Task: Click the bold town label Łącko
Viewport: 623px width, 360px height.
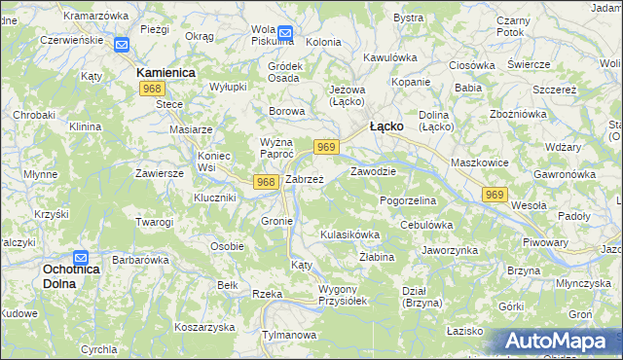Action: pos(387,126)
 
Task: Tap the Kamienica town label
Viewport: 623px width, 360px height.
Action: pos(165,73)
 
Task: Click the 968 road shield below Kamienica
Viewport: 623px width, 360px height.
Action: pos(151,90)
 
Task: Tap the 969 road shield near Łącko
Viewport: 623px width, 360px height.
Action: pos(326,147)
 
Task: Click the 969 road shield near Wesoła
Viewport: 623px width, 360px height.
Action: pos(494,196)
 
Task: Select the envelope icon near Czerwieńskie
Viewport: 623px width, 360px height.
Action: pos(121,45)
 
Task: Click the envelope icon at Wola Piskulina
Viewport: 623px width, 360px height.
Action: pos(285,32)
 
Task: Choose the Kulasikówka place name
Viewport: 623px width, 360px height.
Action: pos(349,235)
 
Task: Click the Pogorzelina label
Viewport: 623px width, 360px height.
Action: pos(408,199)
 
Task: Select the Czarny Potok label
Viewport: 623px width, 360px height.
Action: pos(513,26)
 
